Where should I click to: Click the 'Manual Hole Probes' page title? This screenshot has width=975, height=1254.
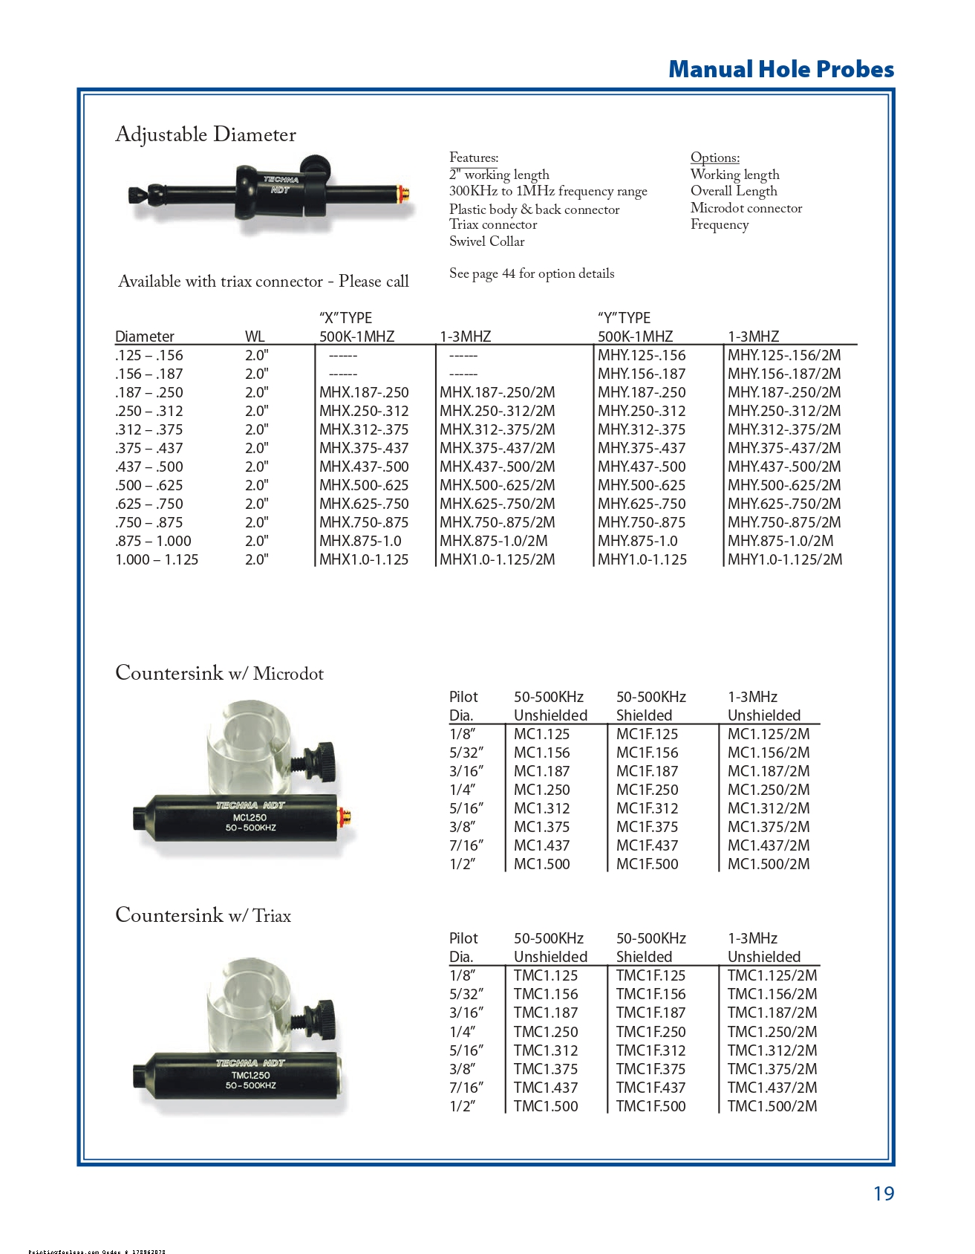coord(780,69)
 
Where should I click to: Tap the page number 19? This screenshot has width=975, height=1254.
coord(883,1193)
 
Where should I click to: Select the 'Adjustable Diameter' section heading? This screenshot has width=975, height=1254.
coord(206,134)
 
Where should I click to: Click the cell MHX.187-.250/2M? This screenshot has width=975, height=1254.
coord(497,392)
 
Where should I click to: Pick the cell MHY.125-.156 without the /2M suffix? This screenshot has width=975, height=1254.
coord(642,355)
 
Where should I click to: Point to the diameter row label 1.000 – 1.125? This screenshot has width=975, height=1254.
coord(157,559)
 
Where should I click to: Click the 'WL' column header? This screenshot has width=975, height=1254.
coord(255,337)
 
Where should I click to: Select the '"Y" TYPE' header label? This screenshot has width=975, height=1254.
coord(624,318)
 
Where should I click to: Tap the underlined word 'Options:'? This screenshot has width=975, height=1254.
coord(714,157)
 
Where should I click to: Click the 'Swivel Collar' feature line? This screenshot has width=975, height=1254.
coord(486,241)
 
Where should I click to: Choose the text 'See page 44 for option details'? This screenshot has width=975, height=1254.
coord(532,273)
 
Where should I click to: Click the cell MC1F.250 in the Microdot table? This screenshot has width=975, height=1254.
coord(647,790)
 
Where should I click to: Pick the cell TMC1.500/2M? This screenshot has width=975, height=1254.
coord(772,1106)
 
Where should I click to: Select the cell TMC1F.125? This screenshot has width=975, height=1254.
coord(650,975)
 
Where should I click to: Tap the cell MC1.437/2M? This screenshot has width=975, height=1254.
coord(769,845)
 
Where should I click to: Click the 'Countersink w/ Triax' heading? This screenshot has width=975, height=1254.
coord(203,915)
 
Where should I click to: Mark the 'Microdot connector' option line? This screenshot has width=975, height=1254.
coord(746,208)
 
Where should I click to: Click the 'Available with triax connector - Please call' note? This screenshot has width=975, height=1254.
coord(264,282)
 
